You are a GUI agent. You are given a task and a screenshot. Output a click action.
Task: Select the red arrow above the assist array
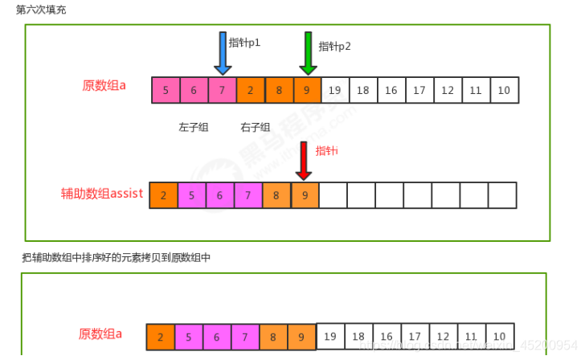[x=303, y=161]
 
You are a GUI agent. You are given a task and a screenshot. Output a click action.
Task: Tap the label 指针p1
[x=244, y=42]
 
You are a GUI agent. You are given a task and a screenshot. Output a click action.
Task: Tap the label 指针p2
[x=334, y=46]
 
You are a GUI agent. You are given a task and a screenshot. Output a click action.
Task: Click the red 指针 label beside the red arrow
[x=326, y=151]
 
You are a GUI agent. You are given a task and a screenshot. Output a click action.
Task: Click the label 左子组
[x=193, y=127]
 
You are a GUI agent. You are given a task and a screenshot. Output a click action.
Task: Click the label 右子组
[x=255, y=127]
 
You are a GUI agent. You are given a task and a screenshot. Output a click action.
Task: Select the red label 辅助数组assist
[x=101, y=193]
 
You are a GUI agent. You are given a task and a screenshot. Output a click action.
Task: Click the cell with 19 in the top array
[x=334, y=90]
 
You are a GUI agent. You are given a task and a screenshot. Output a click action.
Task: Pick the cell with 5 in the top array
[x=166, y=90]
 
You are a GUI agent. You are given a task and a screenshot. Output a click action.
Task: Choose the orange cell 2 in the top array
[x=250, y=90]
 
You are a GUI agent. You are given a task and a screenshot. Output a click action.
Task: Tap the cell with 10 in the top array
[x=504, y=90]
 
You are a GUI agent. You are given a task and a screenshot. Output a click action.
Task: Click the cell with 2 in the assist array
[x=163, y=195]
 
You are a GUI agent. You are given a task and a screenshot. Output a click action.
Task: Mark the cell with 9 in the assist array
[x=304, y=195]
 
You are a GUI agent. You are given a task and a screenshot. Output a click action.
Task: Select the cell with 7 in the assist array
[x=247, y=195]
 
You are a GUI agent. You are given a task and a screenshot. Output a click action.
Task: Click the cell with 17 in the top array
[x=419, y=90]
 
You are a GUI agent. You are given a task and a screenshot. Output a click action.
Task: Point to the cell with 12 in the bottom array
[x=442, y=337]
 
